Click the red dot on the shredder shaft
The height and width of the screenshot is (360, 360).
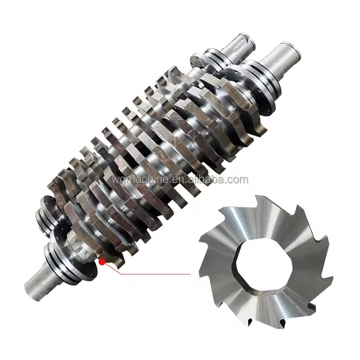tap(102, 261)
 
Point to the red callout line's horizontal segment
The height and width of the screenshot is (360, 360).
tap(156, 274)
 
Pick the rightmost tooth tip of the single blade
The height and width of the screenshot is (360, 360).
tap(332, 278)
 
